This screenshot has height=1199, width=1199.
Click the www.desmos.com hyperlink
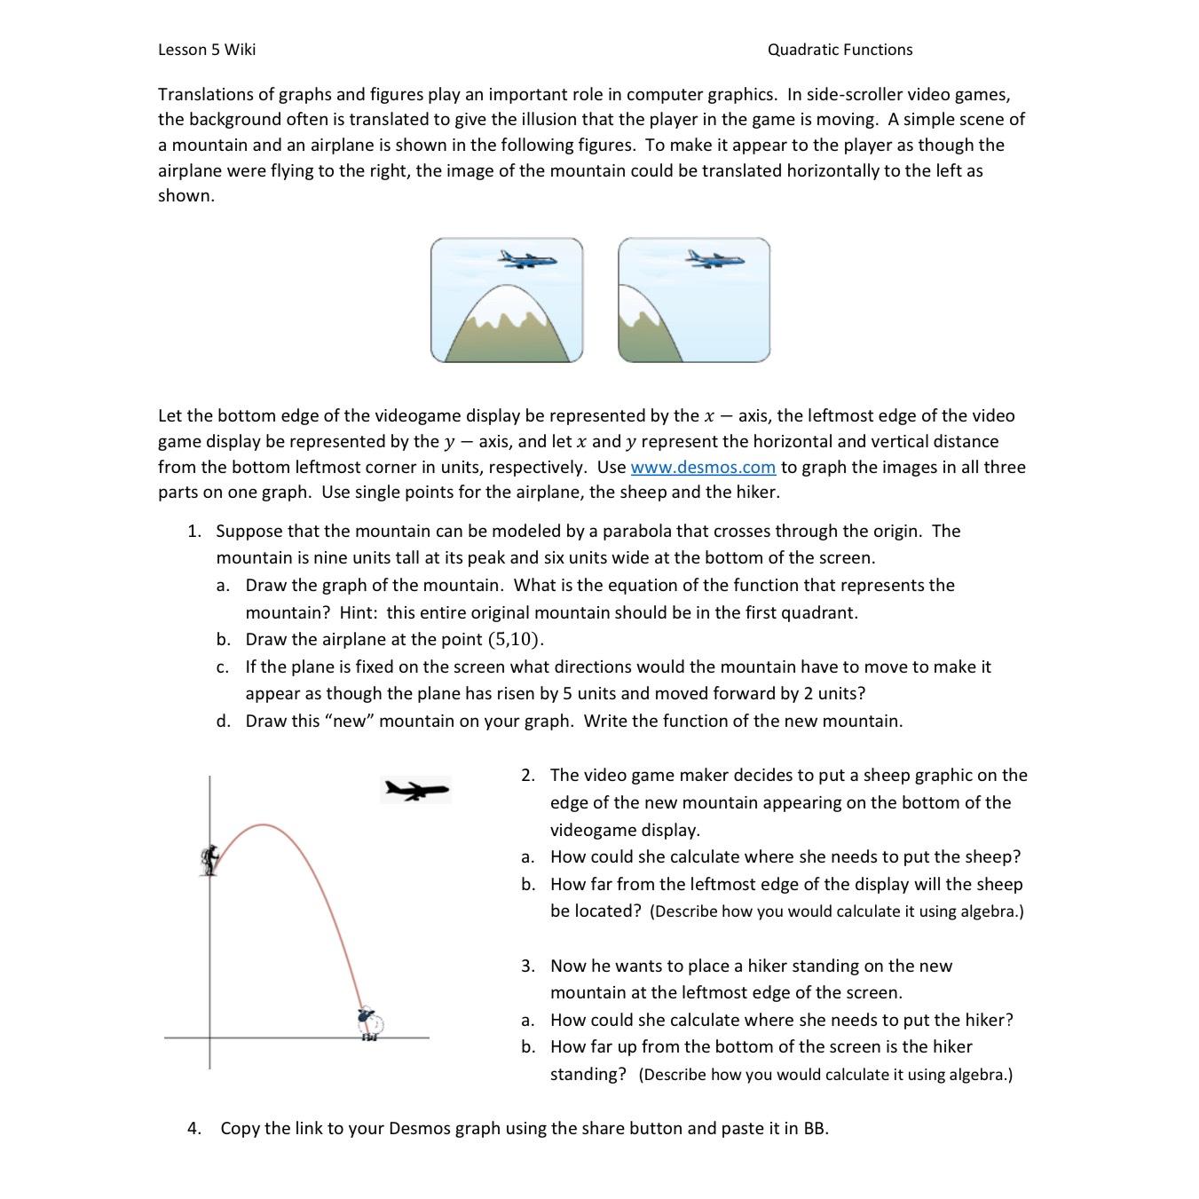tap(703, 467)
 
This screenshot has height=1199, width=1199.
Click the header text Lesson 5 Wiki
tap(207, 50)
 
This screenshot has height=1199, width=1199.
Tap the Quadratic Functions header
tap(840, 50)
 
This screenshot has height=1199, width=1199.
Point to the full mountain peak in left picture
tap(508, 291)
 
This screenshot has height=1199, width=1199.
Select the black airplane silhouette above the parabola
tap(415, 789)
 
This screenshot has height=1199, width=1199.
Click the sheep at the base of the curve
tap(369, 1022)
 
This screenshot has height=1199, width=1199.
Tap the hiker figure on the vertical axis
tap(209, 860)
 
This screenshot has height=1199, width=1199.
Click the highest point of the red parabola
tap(264, 825)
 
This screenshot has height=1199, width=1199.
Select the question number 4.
tap(193, 1128)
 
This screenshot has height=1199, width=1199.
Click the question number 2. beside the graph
tap(528, 775)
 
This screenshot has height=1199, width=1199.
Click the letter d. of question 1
tap(224, 721)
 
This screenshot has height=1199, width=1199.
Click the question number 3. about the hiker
tap(528, 966)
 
